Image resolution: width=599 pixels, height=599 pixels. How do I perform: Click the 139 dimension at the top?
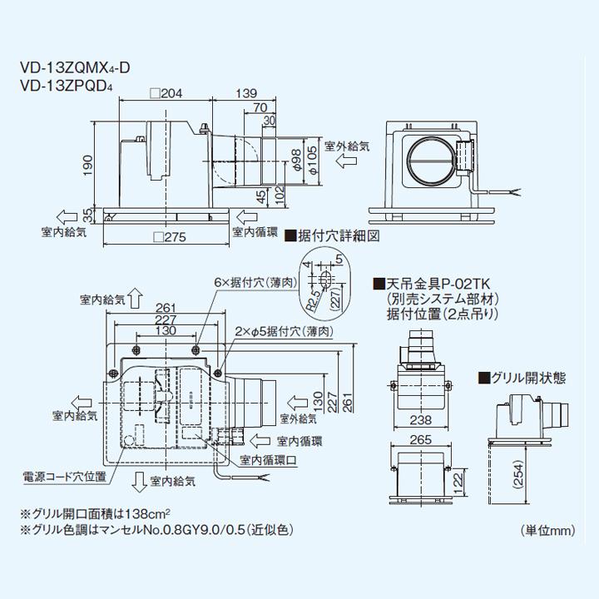[245, 93]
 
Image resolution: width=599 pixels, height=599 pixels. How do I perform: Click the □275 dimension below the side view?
[169, 237]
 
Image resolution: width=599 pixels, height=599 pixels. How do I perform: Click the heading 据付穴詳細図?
[337, 235]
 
